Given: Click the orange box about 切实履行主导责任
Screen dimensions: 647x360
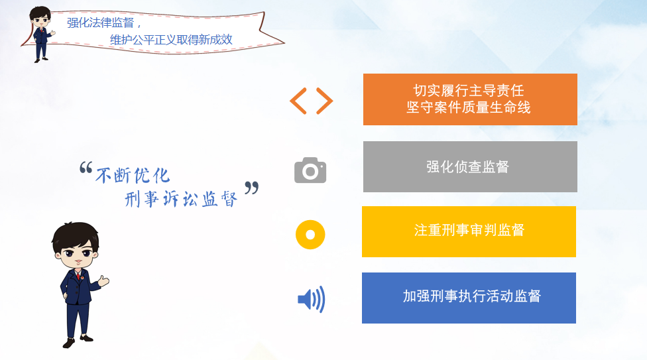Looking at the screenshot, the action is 470,99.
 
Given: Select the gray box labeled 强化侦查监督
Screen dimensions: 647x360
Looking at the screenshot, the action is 470,167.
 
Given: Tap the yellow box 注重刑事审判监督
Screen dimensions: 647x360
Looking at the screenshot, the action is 469,231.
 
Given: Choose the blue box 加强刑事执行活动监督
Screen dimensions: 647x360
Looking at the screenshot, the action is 469,298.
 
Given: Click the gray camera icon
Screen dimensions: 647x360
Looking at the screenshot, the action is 310,170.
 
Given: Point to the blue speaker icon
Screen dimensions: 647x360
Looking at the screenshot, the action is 312,299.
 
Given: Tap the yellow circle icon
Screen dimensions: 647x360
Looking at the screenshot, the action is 310,235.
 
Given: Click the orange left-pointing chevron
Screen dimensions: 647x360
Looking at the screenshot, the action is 298,101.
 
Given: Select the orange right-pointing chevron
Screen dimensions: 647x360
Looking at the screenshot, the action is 325,101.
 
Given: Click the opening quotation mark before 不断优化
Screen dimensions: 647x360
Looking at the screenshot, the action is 86,167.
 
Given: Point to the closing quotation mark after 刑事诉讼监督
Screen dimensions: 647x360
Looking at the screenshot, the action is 252,188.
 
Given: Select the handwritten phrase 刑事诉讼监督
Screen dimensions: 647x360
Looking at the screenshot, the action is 181,200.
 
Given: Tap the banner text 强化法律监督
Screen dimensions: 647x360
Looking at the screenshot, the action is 101,23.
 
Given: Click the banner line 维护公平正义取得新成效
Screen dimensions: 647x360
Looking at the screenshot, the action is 171,40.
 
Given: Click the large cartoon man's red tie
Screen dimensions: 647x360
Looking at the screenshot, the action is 78,276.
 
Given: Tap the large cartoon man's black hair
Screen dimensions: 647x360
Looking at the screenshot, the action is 76,235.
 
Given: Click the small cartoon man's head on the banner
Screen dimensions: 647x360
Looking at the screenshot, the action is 40,17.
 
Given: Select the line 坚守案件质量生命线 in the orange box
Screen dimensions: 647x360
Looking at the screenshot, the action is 469,107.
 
